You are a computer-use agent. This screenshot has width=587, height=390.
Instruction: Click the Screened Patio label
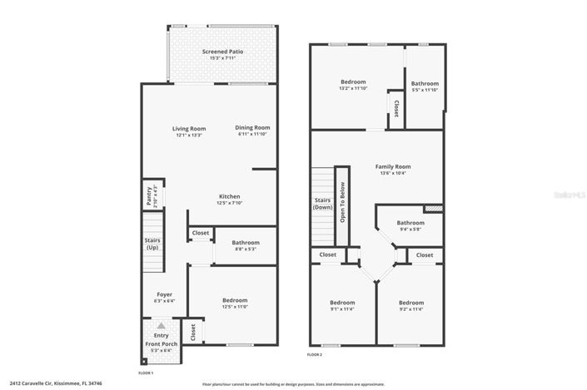222,55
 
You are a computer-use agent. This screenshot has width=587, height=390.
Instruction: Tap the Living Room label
189,131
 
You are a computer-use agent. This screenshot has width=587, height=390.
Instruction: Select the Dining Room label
253,130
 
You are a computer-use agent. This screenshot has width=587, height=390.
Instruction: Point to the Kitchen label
230,200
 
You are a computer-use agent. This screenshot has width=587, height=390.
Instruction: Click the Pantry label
151,196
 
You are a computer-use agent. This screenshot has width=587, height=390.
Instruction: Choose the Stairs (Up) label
152,244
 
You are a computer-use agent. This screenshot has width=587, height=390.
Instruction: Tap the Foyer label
164,297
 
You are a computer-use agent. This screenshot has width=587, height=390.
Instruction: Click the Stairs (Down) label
323,204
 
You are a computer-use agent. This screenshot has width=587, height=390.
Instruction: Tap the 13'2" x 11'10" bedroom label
353,85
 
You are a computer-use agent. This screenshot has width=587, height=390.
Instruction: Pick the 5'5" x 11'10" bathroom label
424,86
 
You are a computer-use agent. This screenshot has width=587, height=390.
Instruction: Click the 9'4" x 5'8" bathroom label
410,226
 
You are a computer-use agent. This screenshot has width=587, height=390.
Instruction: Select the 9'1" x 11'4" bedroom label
341,305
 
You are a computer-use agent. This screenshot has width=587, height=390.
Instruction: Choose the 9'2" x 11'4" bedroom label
410,305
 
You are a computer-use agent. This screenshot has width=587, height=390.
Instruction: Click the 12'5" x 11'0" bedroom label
234,304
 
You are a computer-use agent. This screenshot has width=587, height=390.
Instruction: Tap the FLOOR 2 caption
315,355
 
